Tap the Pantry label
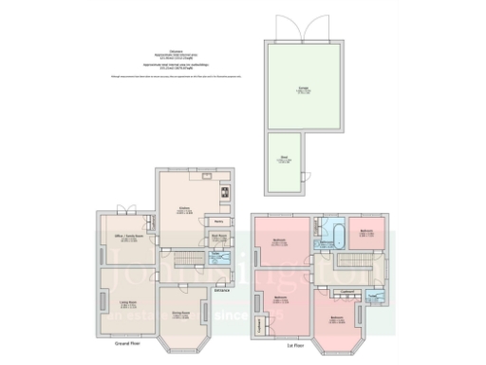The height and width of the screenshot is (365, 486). pyautogui.click(x=218, y=223)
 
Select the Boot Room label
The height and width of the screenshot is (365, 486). pyautogui.click(x=218, y=238)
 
